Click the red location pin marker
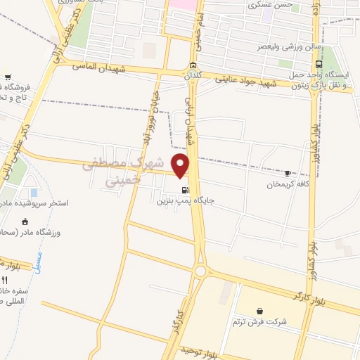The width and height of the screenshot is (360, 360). click(x=181, y=166)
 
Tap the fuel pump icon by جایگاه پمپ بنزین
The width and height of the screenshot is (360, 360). click(x=185, y=189)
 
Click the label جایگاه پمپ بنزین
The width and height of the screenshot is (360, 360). click(x=184, y=200)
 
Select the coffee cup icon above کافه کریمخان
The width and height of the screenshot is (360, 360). click(x=288, y=173)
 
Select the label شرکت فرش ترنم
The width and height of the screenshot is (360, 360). click(x=260, y=321)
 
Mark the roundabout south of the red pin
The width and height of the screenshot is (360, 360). click(x=202, y=271)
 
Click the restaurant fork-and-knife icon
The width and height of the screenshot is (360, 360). click(x=5, y=278)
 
